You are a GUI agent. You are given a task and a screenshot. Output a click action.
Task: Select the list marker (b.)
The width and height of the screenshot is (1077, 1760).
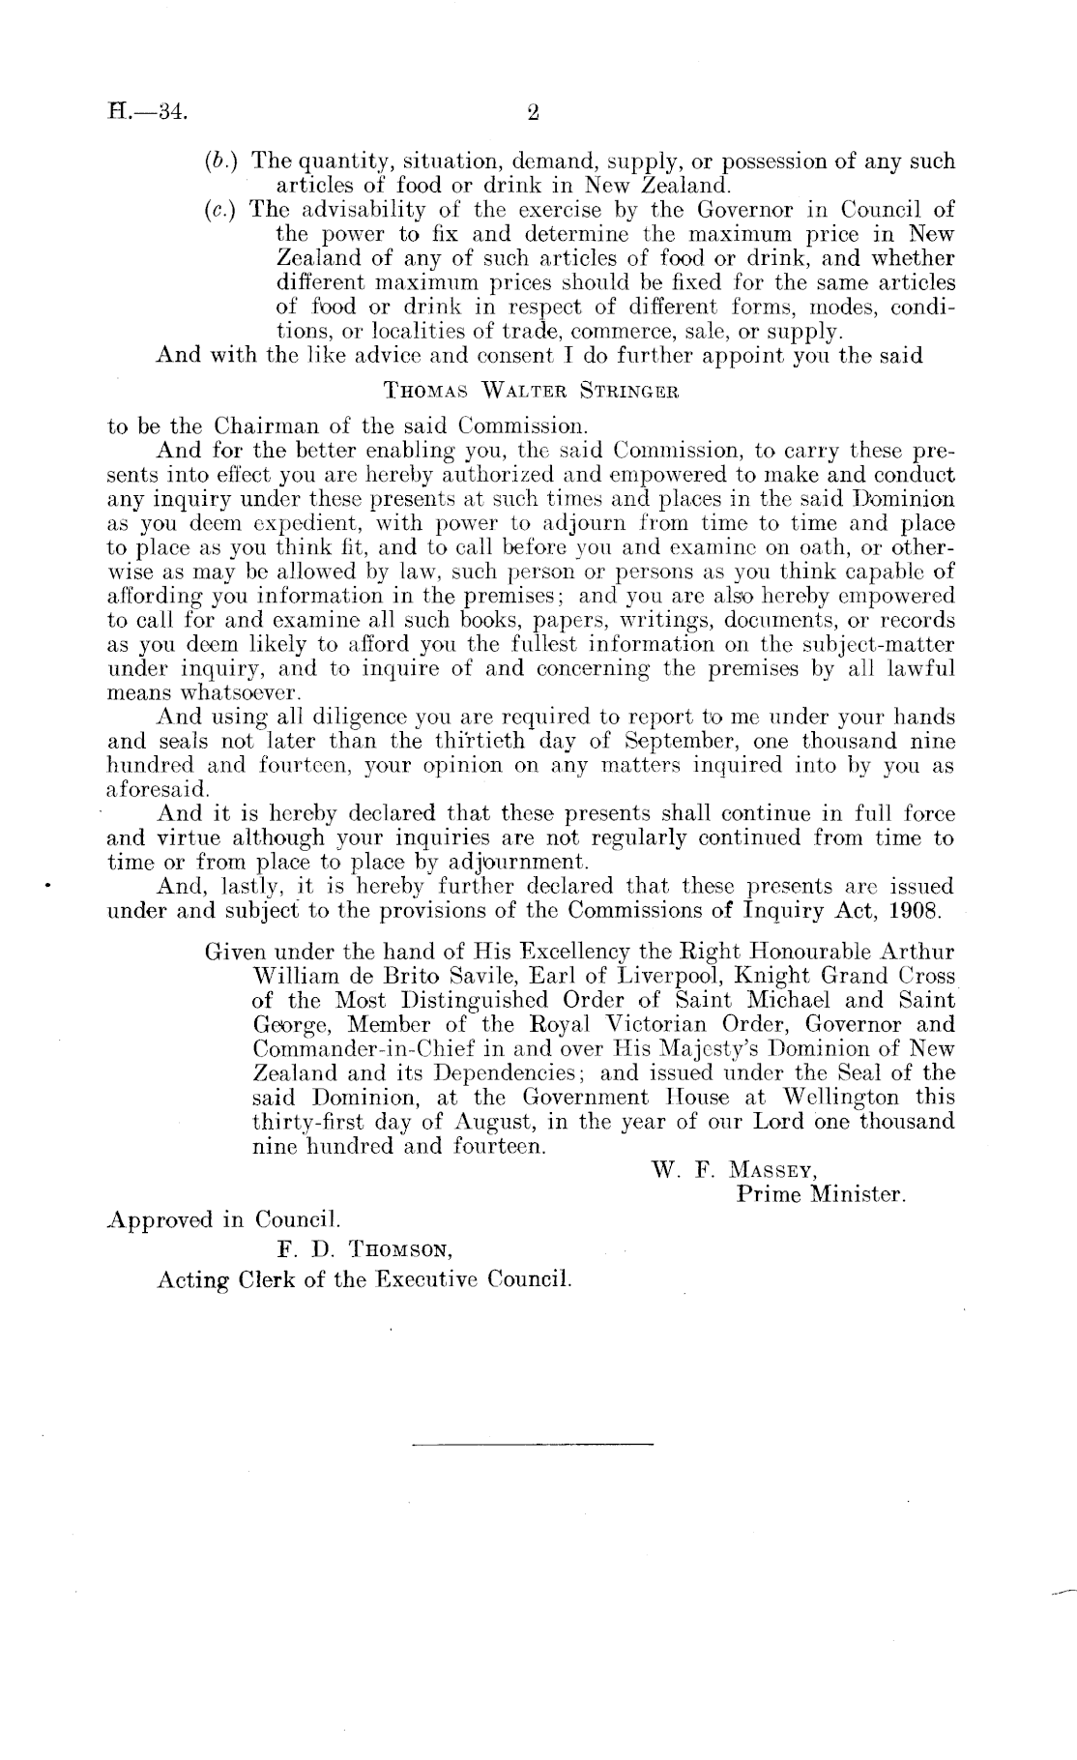[222, 161]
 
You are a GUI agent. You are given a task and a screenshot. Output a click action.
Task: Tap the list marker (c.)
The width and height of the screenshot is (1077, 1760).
[222, 208]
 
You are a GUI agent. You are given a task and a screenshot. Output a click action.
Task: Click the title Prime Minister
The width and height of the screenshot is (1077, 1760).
[821, 1194]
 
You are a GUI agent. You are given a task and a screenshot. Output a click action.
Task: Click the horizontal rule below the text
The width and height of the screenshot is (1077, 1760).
[533, 1445]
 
